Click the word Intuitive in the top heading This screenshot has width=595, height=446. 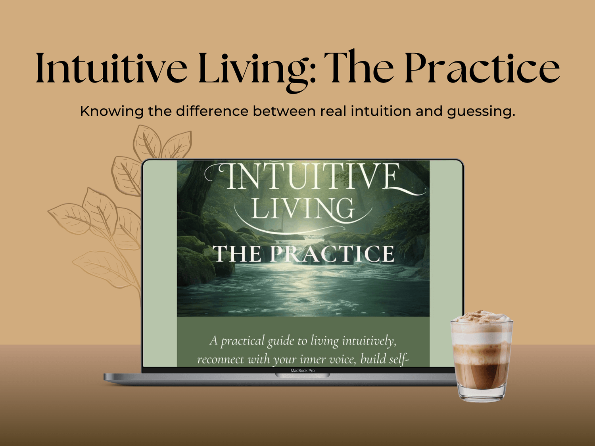click(x=111, y=67)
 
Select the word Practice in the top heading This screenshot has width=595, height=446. click(x=482, y=67)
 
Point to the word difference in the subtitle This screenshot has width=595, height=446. click(x=212, y=111)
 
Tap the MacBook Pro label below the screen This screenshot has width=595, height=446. click(x=303, y=370)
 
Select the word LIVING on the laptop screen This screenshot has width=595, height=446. click(x=303, y=209)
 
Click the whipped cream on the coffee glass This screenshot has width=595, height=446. click(x=481, y=317)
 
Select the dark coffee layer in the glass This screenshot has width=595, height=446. click(x=481, y=375)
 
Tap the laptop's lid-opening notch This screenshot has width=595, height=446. click(x=303, y=375)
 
